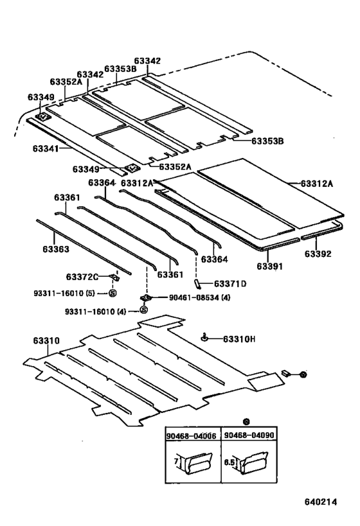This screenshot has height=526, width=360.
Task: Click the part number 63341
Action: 45,148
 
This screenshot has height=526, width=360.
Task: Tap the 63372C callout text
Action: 82,277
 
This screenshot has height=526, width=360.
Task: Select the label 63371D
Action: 230,283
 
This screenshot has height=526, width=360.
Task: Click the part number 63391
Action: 270,265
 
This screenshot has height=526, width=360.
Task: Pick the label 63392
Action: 318,254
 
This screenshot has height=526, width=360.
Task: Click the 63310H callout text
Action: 239,339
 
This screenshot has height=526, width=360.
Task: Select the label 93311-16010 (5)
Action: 64,294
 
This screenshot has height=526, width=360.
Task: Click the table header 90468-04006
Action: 190,436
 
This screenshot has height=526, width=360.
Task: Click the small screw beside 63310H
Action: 204,338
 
